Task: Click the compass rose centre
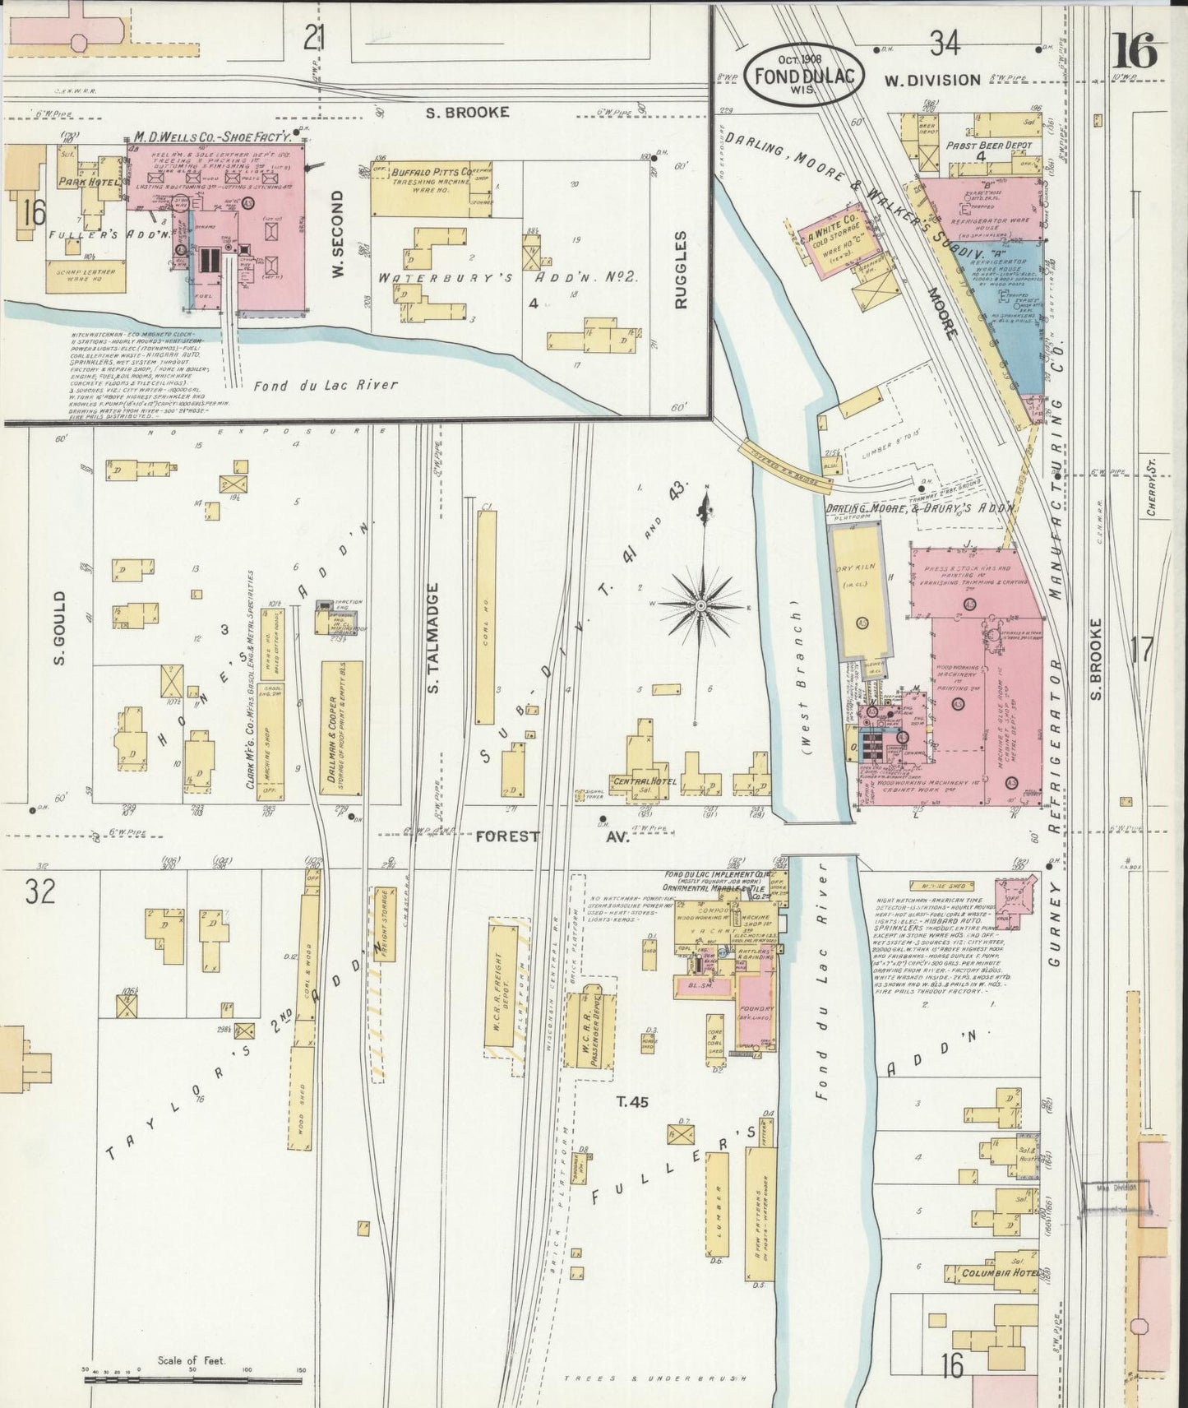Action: point(700,605)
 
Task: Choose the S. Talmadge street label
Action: point(434,637)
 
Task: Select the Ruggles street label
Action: point(681,270)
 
